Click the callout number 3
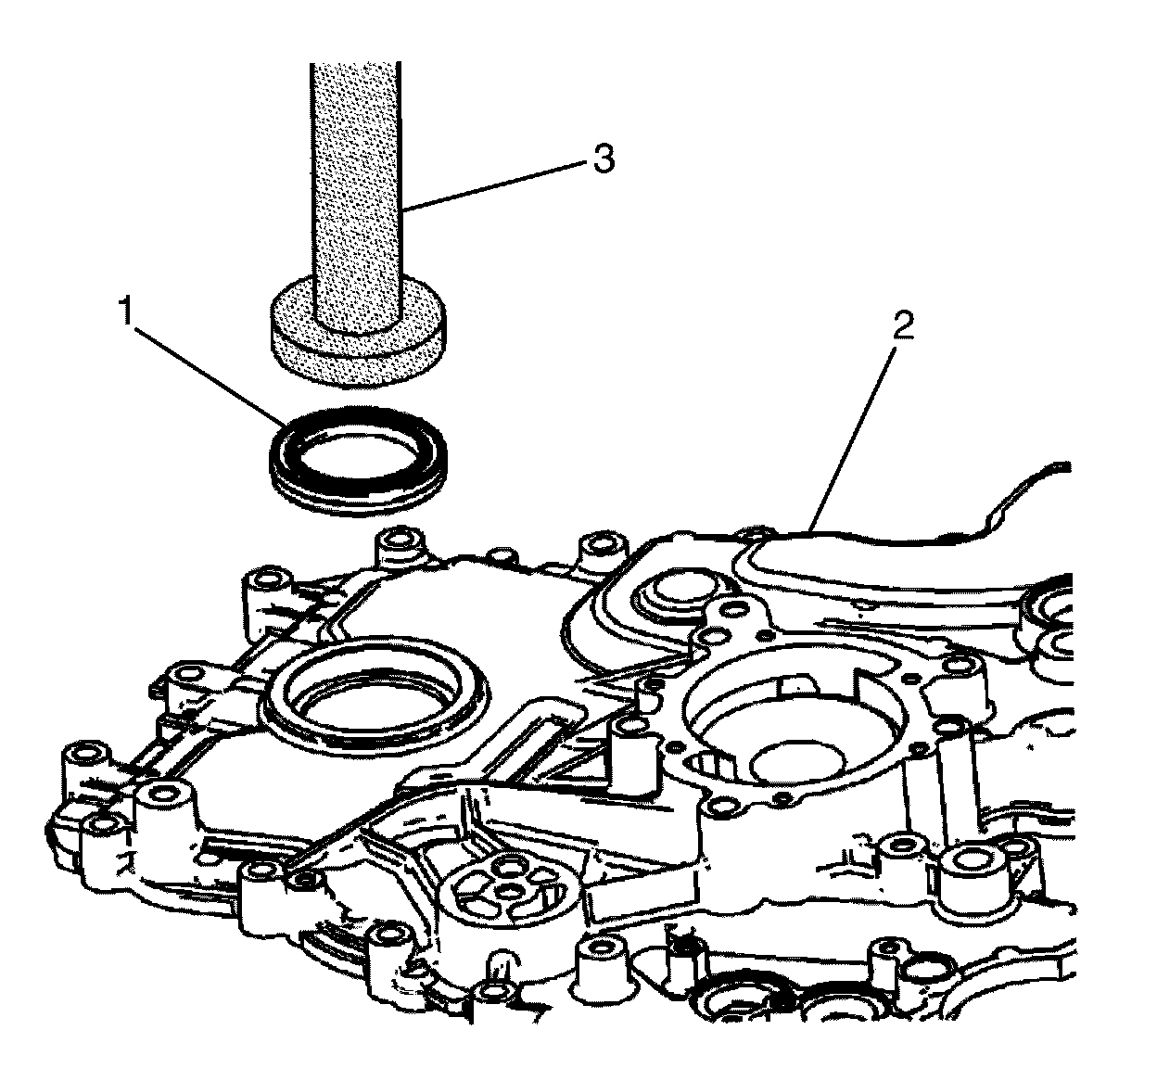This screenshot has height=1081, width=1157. [x=603, y=159]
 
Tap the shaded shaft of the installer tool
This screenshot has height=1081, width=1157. [x=356, y=185]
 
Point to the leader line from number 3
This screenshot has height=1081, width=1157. [x=501, y=184]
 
